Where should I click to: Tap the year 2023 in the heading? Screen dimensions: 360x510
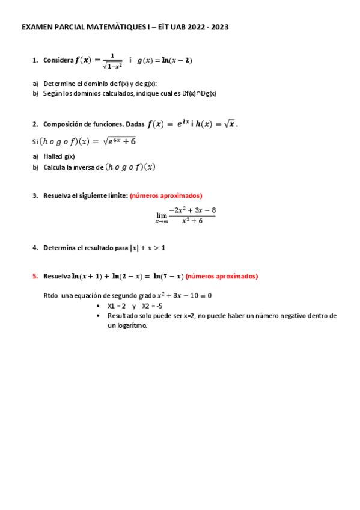pyautogui.click(x=218, y=27)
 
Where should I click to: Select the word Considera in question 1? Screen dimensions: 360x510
pyautogui.click(x=58, y=60)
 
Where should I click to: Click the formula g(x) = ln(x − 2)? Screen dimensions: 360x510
pyautogui.click(x=165, y=60)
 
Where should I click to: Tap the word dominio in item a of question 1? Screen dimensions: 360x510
pyautogui.click(x=91, y=84)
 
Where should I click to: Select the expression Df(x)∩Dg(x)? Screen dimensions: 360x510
pyautogui.click(x=199, y=93)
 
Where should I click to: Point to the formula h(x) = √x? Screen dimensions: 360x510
pyautogui.click(x=217, y=124)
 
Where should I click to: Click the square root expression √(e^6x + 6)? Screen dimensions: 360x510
pyautogui.click(x=119, y=141)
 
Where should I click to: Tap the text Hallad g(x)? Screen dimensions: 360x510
pyautogui.click(x=59, y=156)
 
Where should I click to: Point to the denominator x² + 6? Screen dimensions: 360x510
pyautogui.click(x=192, y=221)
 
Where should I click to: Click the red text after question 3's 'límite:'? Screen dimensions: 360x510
pyautogui.click(x=166, y=195)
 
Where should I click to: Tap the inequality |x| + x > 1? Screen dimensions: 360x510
pyautogui.click(x=147, y=247)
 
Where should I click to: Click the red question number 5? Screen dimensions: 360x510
pyautogui.click(x=35, y=277)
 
